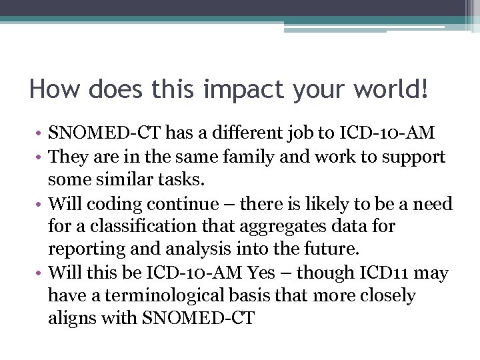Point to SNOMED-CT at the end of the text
(199, 319)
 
